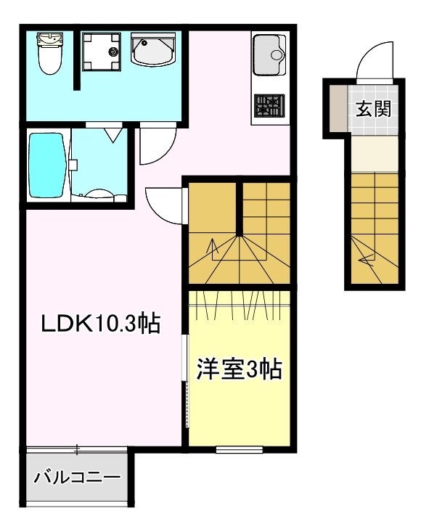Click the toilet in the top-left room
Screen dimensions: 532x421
(49, 55)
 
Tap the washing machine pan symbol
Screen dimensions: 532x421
(102, 51)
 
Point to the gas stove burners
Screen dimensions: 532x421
(269, 107)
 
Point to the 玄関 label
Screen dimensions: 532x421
(374, 109)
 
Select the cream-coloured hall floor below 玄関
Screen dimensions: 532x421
(374, 153)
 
